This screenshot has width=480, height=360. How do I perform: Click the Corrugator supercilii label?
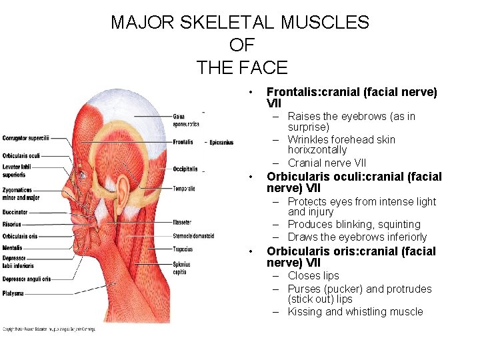[25, 139]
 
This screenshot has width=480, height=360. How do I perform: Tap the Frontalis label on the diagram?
[183, 142]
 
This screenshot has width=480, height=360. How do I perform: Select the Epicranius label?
[221, 142]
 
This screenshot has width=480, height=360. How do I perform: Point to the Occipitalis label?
[185, 169]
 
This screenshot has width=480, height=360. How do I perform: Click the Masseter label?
[182, 222]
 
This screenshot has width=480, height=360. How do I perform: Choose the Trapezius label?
[182, 249]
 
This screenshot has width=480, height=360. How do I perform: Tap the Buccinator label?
[15, 212]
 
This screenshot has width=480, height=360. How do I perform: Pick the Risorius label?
[12, 225]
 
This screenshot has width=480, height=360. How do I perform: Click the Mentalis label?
[12, 247]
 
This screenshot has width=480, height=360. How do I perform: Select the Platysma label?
[13, 293]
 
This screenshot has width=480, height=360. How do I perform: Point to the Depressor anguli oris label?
[26, 279]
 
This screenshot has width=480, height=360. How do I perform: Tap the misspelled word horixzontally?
[317, 150]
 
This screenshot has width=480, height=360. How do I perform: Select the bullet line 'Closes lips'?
[313, 276]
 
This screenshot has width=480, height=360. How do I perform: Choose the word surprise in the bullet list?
[307, 127]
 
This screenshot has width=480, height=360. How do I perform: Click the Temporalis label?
[184, 189]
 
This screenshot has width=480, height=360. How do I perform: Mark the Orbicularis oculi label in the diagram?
[21, 156]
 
